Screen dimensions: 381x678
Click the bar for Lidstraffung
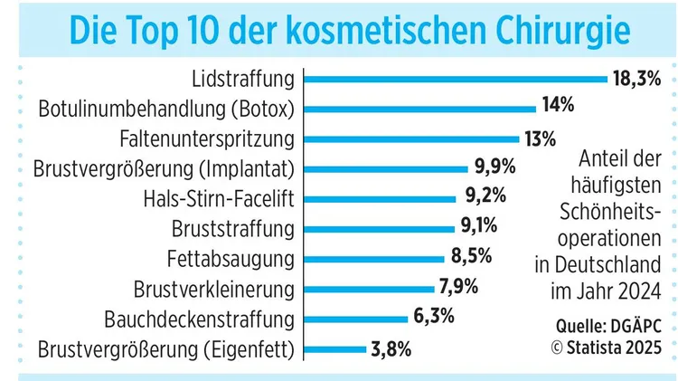point(457,79)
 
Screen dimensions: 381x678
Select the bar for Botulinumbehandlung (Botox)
point(420,109)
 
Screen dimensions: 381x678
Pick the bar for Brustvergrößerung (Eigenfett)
point(335,349)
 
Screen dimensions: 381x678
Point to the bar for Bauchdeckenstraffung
point(356,319)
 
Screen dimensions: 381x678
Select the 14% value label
point(559,106)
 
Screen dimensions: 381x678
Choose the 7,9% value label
point(458,289)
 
